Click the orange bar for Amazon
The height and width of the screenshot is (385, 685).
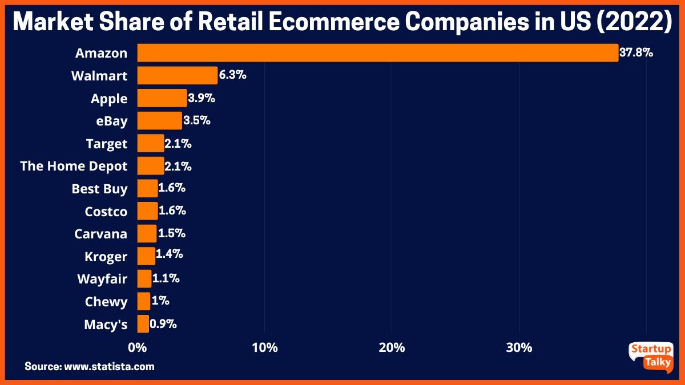(377, 53)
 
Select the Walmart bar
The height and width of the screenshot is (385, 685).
(177, 76)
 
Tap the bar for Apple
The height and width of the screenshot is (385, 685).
(162, 98)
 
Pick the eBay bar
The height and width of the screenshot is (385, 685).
(159, 121)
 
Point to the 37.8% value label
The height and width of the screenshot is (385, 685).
(636, 53)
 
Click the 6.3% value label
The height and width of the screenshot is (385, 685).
(232, 75)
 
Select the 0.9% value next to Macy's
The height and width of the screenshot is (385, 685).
(163, 324)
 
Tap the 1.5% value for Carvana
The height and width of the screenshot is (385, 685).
(171, 233)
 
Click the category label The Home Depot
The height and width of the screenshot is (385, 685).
(74, 166)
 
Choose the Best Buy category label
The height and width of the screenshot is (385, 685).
(99, 189)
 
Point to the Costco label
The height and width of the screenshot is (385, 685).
(106, 211)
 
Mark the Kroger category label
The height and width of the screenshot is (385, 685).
(106, 257)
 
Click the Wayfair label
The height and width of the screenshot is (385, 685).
(102, 279)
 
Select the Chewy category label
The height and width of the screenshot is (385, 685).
(106, 302)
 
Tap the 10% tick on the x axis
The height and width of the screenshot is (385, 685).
(264, 347)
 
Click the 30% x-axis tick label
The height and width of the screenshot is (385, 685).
(519, 347)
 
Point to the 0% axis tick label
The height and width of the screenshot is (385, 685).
(137, 347)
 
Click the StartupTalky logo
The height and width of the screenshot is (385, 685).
(650, 356)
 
